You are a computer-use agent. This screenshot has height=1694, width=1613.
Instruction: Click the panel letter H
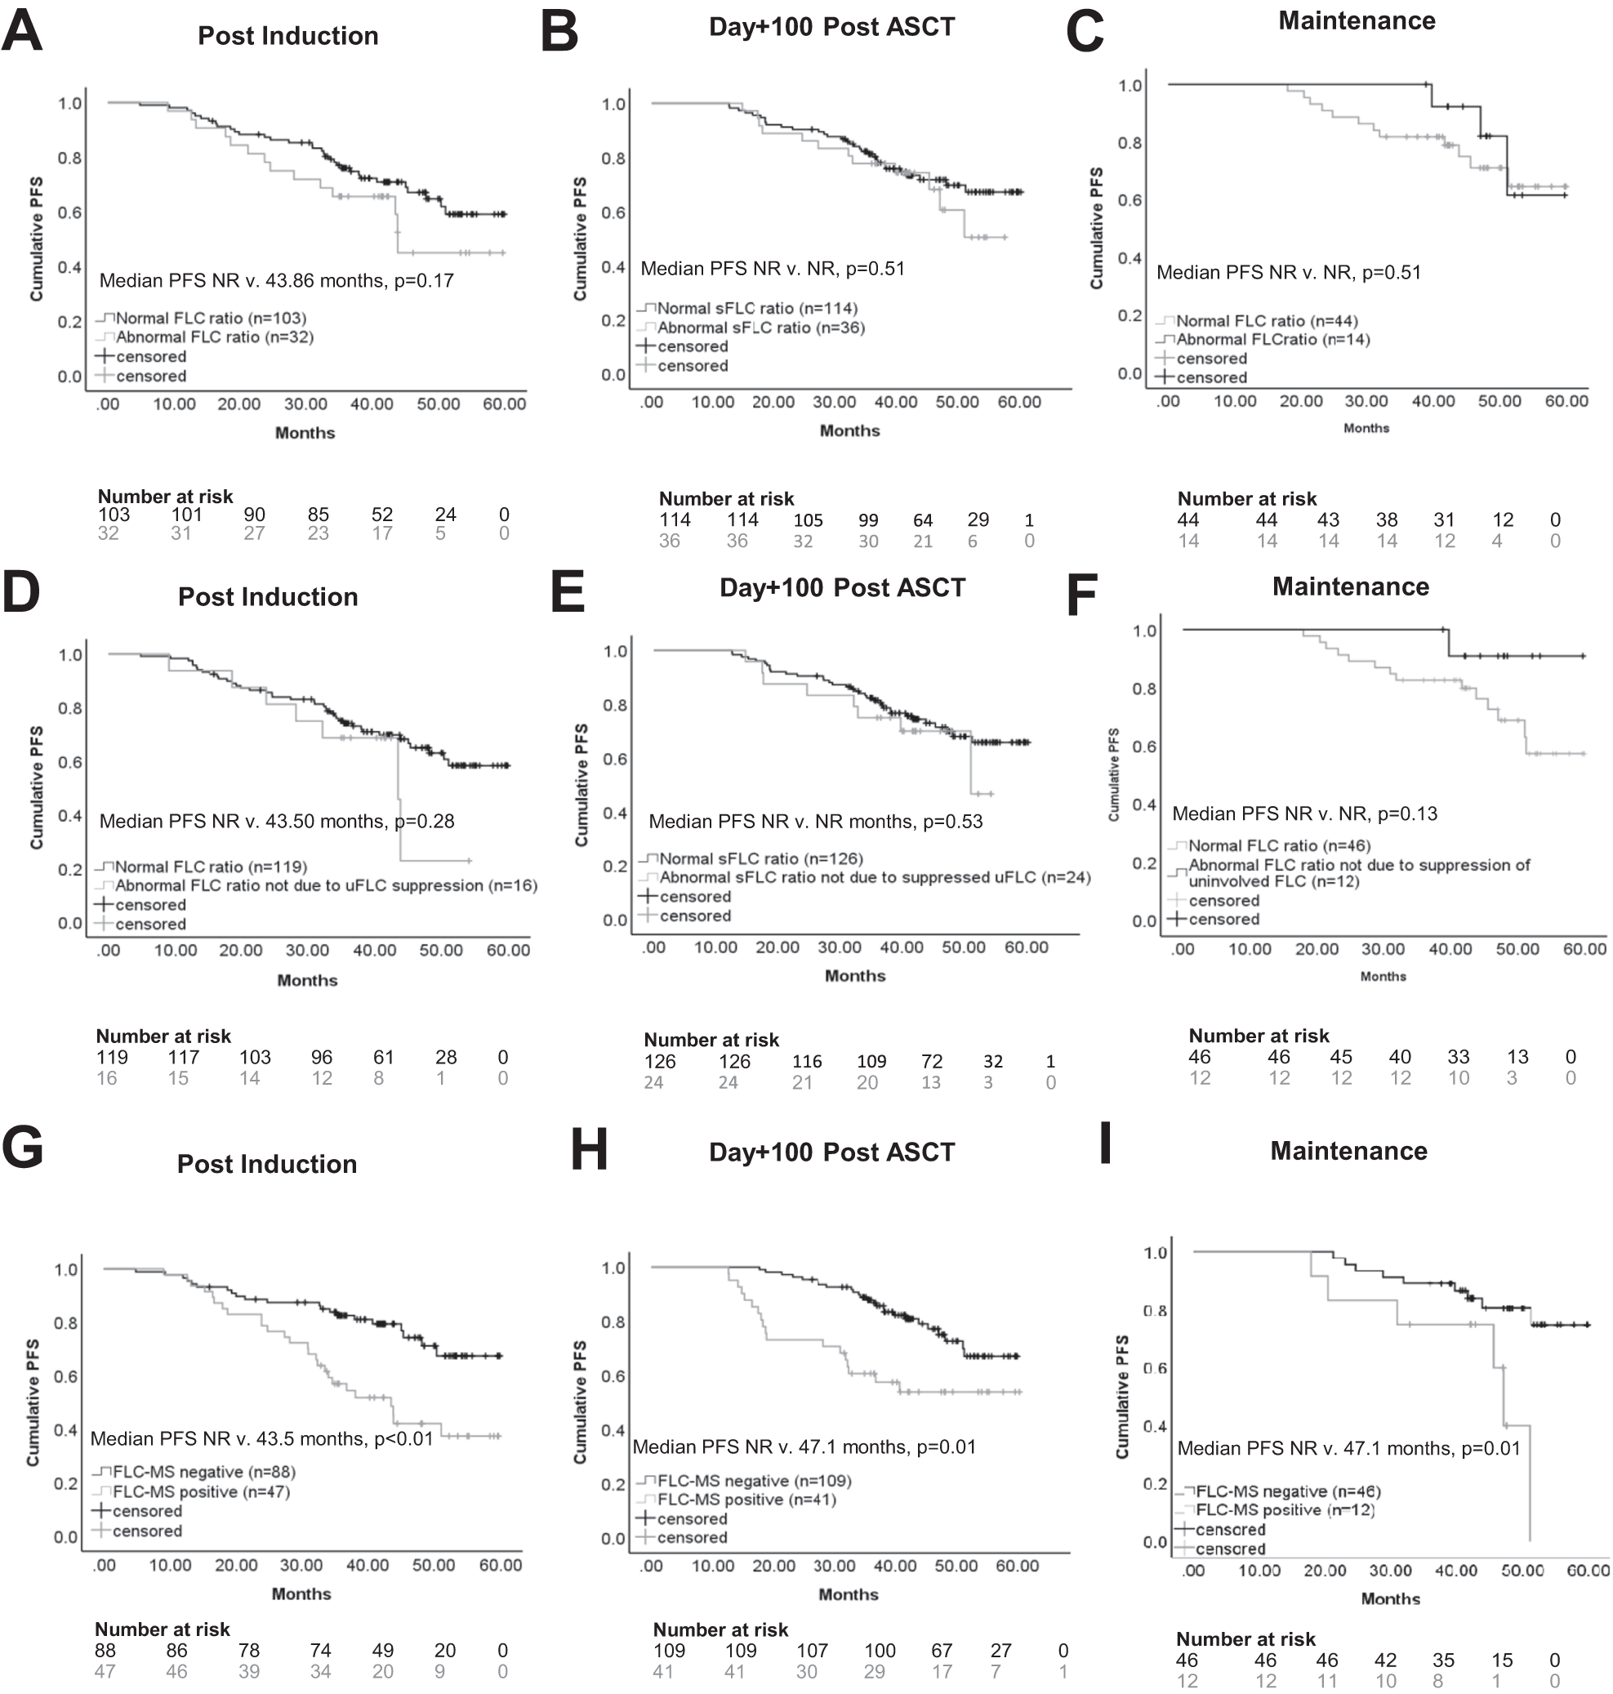589,1150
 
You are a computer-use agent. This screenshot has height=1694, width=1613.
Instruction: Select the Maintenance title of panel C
1356,20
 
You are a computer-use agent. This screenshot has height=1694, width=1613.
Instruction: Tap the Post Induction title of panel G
266,1163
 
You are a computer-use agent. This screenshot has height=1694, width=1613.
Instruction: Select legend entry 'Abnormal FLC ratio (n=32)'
214,337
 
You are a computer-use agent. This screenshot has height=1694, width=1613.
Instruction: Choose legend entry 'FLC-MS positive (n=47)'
201,1492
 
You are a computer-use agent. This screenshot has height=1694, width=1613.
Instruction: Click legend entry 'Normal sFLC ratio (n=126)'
760,858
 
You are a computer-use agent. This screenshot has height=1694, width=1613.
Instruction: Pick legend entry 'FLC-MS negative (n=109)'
753,1481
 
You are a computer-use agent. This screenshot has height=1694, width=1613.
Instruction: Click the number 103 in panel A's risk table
114,515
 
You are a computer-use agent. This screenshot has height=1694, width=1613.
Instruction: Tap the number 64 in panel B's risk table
923,520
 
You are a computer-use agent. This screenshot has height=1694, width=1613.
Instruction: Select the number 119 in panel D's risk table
112,1057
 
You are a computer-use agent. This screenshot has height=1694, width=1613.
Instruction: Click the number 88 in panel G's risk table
105,1650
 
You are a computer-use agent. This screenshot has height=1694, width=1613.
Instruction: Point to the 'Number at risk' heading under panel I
1245,1639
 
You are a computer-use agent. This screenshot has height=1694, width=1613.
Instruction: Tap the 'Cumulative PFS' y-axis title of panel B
581,239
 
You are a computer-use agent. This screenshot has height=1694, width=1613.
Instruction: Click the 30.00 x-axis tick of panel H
834,1566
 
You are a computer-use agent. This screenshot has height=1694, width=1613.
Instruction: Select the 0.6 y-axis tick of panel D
70,762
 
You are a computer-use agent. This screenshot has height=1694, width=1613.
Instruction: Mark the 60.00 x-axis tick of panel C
1566,401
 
